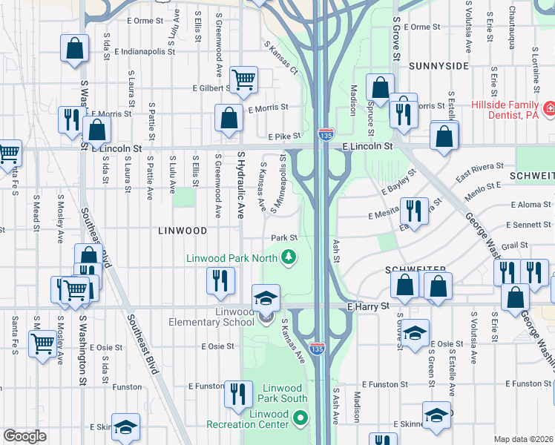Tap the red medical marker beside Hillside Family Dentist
550,110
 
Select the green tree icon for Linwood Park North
288,257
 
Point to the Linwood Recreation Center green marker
300,419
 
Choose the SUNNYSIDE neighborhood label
438,66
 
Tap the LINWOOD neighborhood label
183,231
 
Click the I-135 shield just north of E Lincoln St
325,134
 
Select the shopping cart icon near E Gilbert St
243,79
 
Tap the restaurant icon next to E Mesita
413,211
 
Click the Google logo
24,436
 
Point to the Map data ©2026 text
524,439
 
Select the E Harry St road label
368,306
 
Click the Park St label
283,238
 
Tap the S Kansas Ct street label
280,57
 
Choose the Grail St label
514,245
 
